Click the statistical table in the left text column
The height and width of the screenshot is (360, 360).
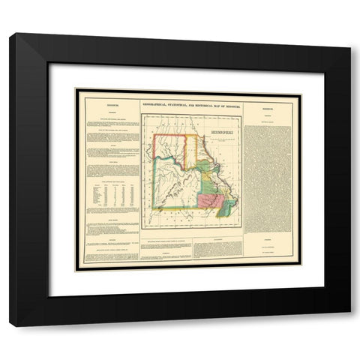click(111, 195)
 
